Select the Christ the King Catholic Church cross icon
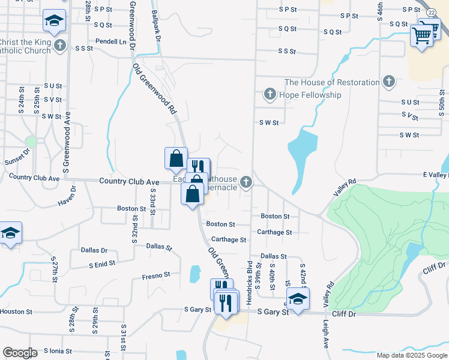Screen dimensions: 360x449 59,45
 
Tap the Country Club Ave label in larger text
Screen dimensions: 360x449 129,181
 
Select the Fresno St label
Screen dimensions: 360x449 156,275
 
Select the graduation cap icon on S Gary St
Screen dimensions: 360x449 297,298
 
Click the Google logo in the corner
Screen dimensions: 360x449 20,353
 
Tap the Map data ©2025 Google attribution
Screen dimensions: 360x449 412,355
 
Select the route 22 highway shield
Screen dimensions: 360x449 431,13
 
